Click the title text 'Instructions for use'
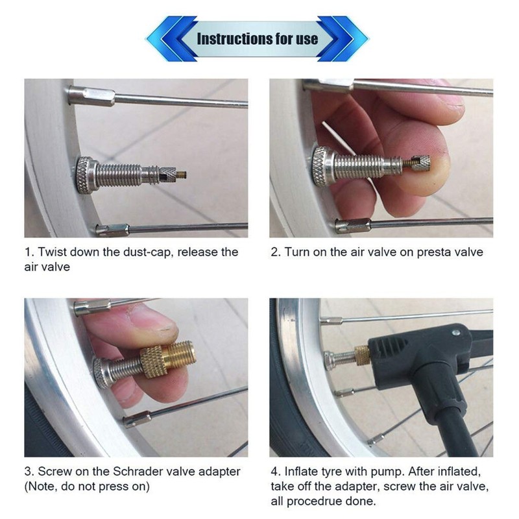point(258,38)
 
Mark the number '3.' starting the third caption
point(30,471)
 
